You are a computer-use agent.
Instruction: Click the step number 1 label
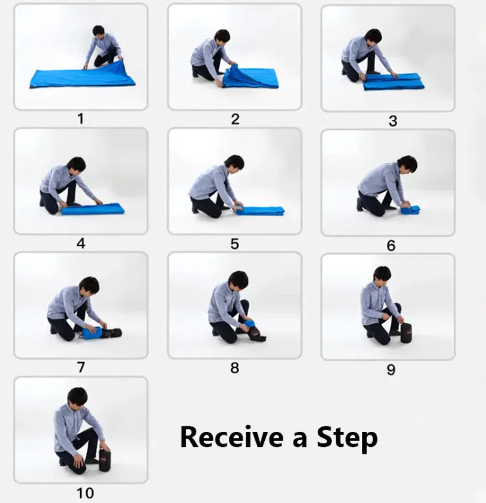pos(80,118)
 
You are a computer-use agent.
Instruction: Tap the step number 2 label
pos(235,118)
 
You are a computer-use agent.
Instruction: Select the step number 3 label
pos(392,120)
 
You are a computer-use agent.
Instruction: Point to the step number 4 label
pos(81,243)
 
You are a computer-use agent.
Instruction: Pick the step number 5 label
pos(235,244)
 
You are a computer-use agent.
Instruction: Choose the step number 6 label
pos(391,245)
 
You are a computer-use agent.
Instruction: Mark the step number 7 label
pos(81,367)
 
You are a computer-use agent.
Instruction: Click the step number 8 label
pos(235,367)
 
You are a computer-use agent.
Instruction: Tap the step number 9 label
pos(391,370)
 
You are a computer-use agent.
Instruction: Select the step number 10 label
pos(85,493)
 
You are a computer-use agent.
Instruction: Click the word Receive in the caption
pos(232,437)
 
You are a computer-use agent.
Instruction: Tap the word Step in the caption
pos(346,437)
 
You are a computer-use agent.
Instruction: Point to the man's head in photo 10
pos(77,396)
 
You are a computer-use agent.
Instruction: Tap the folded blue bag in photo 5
pos(260,210)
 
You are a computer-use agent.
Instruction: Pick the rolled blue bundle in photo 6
pos(411,209)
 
